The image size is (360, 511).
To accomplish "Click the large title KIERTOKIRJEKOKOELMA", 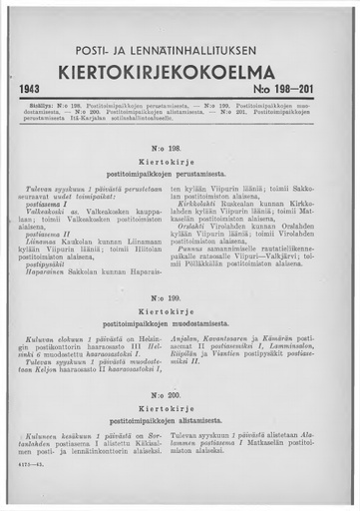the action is point(180,73).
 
